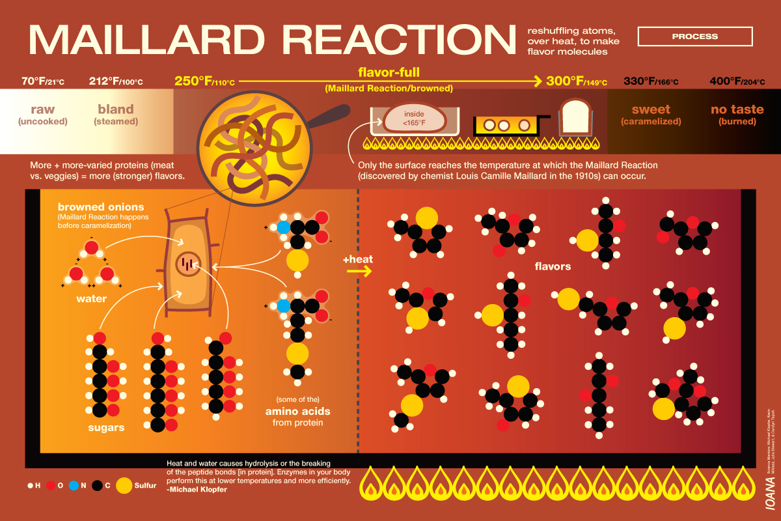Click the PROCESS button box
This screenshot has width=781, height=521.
(695, 36)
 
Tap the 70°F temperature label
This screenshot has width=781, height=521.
(43, 81)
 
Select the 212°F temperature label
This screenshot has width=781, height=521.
(116, 81)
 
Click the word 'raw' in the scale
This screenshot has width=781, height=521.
(43, 109)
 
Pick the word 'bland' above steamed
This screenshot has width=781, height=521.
(115, 109)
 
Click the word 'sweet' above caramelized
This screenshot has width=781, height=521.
(650, 109)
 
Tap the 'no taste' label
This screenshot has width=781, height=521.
(737, 109)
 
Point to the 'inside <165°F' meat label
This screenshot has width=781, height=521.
(414, 119)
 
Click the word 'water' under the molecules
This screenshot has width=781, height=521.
(91, 299)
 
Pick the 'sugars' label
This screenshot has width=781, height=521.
(106, 428)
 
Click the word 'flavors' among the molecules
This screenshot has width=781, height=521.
(553, 266)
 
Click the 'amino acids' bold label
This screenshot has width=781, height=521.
(297, 412)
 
